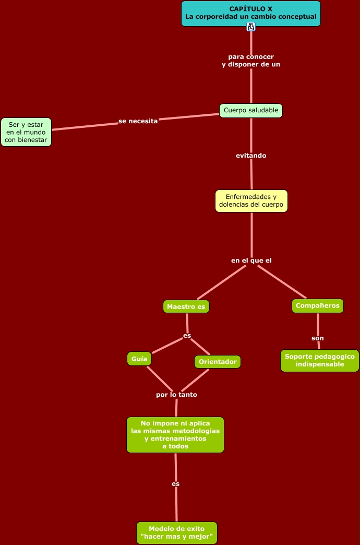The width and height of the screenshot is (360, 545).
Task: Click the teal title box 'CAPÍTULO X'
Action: (251, 13)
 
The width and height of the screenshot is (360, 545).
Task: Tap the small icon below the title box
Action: (251, 27)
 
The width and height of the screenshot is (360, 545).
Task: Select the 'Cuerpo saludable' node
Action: (251, 110)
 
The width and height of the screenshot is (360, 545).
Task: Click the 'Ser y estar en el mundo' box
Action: (26, 132)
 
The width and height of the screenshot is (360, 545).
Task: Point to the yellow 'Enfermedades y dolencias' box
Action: (251, 201)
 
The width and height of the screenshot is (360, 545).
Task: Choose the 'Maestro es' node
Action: (186, 306)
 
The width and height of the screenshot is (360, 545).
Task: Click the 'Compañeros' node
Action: (317, 306)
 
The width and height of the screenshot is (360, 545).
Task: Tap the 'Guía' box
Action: (139, 359)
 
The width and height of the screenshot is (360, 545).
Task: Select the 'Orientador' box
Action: (218, 361)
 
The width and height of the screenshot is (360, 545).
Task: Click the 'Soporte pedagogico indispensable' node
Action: (319, 360)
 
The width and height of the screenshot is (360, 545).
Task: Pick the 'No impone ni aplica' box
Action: (175, 434)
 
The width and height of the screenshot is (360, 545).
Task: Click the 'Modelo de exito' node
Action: (176, 532)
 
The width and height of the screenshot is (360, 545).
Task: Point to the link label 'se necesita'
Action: (138, 121)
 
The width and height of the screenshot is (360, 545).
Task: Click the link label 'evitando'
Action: (251, 156)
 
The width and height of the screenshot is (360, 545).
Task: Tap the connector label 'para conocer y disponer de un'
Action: (251, 61)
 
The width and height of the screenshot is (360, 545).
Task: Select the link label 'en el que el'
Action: (251, 260)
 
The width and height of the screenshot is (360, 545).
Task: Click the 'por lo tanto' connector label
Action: (176, 395)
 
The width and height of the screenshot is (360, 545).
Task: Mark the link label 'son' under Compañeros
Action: (318, 338)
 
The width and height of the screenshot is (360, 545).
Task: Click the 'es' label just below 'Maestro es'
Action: (187, 336)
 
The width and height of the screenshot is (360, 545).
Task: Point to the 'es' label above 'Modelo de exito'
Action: (176, 484)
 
